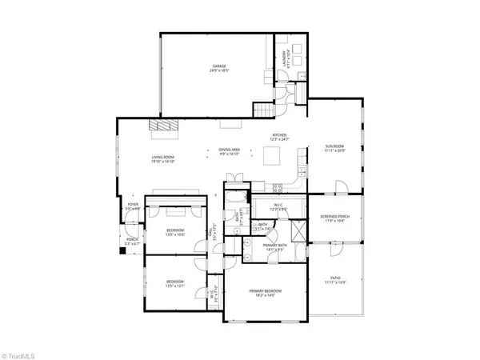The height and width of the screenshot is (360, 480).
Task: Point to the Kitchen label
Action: click(279, 137)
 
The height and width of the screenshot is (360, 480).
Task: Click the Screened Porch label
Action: click(334, 218)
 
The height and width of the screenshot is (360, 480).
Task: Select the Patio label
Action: click(334, 280)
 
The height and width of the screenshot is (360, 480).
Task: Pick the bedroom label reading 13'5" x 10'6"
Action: click(175, 234)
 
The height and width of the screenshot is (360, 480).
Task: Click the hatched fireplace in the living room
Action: click(165, 126)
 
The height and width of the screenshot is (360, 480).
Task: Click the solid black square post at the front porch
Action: click(122, 250)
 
